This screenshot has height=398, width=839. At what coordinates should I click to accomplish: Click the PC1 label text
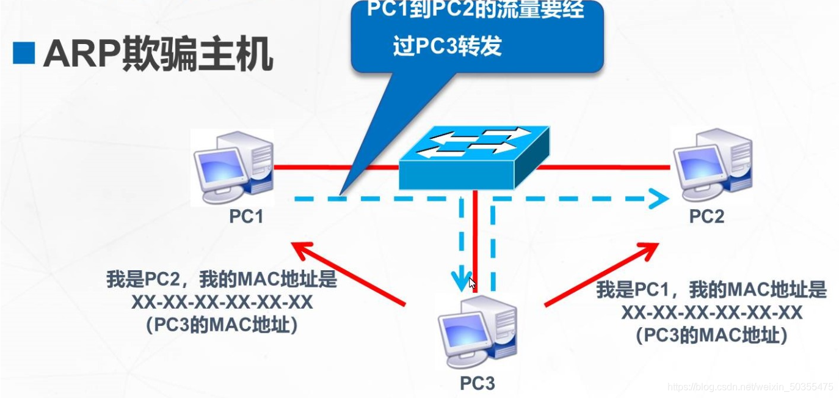246,216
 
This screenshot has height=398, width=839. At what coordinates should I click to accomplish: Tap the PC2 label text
706,216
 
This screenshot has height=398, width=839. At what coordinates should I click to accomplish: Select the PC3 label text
477,383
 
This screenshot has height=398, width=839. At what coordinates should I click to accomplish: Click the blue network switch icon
473,157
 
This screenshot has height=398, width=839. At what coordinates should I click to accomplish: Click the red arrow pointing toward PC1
348,273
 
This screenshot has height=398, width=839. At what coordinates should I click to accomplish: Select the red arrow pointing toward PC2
601,273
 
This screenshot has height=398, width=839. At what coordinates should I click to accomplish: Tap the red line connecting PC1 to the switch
336,166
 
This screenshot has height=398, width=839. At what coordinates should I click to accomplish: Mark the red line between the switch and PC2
605,166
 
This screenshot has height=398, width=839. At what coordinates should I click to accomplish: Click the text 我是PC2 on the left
143,280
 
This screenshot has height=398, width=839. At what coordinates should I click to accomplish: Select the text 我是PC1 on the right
633,289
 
